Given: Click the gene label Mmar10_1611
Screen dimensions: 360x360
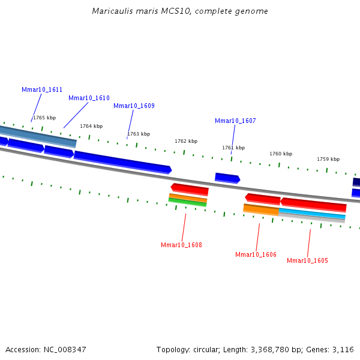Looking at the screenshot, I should pyautogui.click(x=42, y=89).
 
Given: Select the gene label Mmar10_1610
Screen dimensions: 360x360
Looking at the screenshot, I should pyautogui.click(x=89, y=98).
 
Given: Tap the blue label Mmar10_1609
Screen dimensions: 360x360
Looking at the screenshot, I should pyautogui.click(x=134, y=106).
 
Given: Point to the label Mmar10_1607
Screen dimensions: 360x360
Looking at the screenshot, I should pyautogui.click(x=235, y=121).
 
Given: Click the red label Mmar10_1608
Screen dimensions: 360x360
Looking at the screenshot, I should pyautogui.click(x=181, y=245).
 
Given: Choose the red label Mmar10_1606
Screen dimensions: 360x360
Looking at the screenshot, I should pyautogui.click(x=256, y=254).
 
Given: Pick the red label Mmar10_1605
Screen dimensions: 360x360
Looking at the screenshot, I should pyautogui.click(x=307, y=260).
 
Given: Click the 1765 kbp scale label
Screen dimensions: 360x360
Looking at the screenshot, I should pyautogui.click(x=44, y=118).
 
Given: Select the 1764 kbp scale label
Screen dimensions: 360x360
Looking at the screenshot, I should pyautogui.click(x=91, y=126).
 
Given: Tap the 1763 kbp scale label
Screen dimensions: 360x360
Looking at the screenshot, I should pyautogui.click(x=139, y=134).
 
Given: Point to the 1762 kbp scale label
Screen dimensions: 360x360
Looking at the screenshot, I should pyautogui.click(x=186, y=141).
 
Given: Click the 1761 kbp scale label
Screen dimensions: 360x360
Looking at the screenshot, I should pyautogui.click(x=233, y=148).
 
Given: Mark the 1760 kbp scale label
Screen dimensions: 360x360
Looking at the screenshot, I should pyautogui.click(x=281, y=154).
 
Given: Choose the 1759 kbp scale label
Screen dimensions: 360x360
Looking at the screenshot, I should pyautogui.click(x=328, y=159).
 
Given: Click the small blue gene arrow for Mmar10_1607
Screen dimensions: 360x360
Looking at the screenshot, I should pyautogui.click(x=227, y=178).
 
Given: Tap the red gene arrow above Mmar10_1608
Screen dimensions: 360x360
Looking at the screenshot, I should pyautogui.click(x=190, y=189).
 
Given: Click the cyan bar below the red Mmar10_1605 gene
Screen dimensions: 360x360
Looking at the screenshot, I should pyautogui.click(x=312, y=214).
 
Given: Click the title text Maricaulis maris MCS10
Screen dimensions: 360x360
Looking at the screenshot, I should pyautogui.click(x=180, y=11).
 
